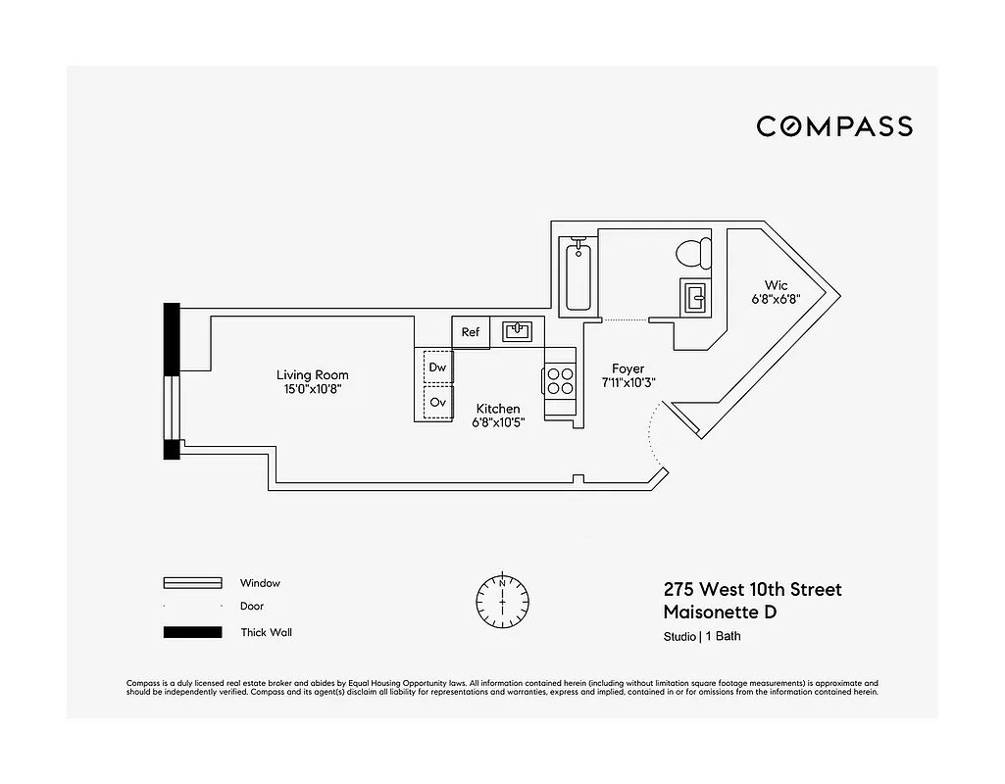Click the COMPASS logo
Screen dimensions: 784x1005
pos(833,126)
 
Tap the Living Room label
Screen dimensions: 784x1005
pos(312,375)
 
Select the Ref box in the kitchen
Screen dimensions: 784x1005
pos(471,332)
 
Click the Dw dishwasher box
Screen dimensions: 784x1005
pos(438,367)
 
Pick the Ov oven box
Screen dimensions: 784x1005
pos(438,402)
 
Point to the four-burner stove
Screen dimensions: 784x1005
pos(560,380)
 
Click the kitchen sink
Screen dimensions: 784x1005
pos(517,331)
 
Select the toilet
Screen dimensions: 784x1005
pos(693,253)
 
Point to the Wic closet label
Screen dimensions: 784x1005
pos(776,285)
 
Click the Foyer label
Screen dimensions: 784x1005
pos(628,369)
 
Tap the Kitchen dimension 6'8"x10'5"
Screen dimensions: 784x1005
pos(498,422)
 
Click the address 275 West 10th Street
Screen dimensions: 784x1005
pos(752,590)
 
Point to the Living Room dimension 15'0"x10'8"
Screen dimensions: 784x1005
pos(312,389)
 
